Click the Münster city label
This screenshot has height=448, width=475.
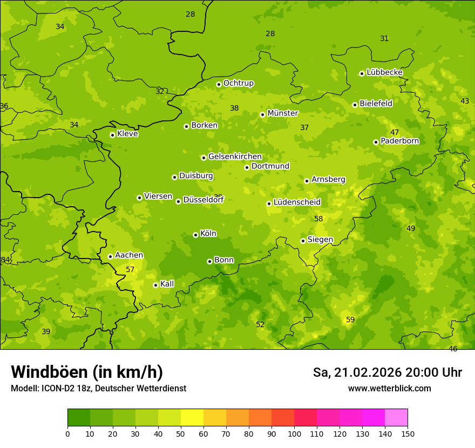pyautogui.click(x=283, y=113)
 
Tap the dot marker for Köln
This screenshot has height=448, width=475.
pyautogui.click(x=195, y=235)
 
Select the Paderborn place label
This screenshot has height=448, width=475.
pyautogui.click(x=399, y=141)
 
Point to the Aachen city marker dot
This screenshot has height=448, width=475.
pyautogui.click(x=110, y=256)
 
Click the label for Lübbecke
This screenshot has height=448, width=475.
pyautogui.click(x=384, y=72)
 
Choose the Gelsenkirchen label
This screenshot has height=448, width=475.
pyautogui.click(x=235, y=157)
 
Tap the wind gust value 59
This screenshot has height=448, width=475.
pyautogui.click(x=350, y=320)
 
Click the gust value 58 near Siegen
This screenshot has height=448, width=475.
pyautogui.click(x=318, y=219)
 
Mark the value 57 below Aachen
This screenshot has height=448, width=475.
pyautogui.click(x=130, y=269)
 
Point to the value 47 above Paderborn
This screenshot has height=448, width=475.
pyautogui.click(x=395, y=132)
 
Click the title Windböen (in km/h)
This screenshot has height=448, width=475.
pyautogui.click(x=87, y=372)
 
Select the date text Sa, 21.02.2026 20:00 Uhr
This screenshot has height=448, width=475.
pyautogui.click(x=387, y=372)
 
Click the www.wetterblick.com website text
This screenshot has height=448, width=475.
pyautogui.click(x=389, y=389)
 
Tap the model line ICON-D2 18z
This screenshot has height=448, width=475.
pyautogui.click(x=98, y=389)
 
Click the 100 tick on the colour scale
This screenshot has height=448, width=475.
pyautogui.click(x=294, y=433)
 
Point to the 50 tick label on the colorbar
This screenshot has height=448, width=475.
pyautogui.click(x=181, y=433)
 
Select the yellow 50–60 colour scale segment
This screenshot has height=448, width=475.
pyautogui.click(x=192, y=418)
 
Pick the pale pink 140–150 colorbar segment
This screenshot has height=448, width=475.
pyautogui.click(x=396, y=418)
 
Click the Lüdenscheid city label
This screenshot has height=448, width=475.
pyautogui.click(x=297, y=202)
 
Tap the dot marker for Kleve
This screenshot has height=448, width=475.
pyautogui.click(x=112, y=135)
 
